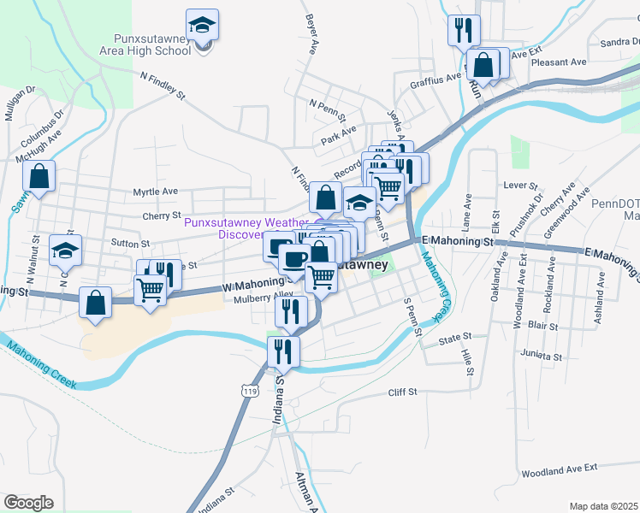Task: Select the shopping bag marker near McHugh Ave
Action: [x=39, y=177]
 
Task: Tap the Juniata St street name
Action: [x=545, y=356]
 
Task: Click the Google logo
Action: [x=28, y=503]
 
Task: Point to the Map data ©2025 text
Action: [x=603, y=506]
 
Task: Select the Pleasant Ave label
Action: [x=559, y=62]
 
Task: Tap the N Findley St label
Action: [x=163, y=85]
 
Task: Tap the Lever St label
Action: [x=520, y=185]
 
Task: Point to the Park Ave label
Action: [x=338, y=135]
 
